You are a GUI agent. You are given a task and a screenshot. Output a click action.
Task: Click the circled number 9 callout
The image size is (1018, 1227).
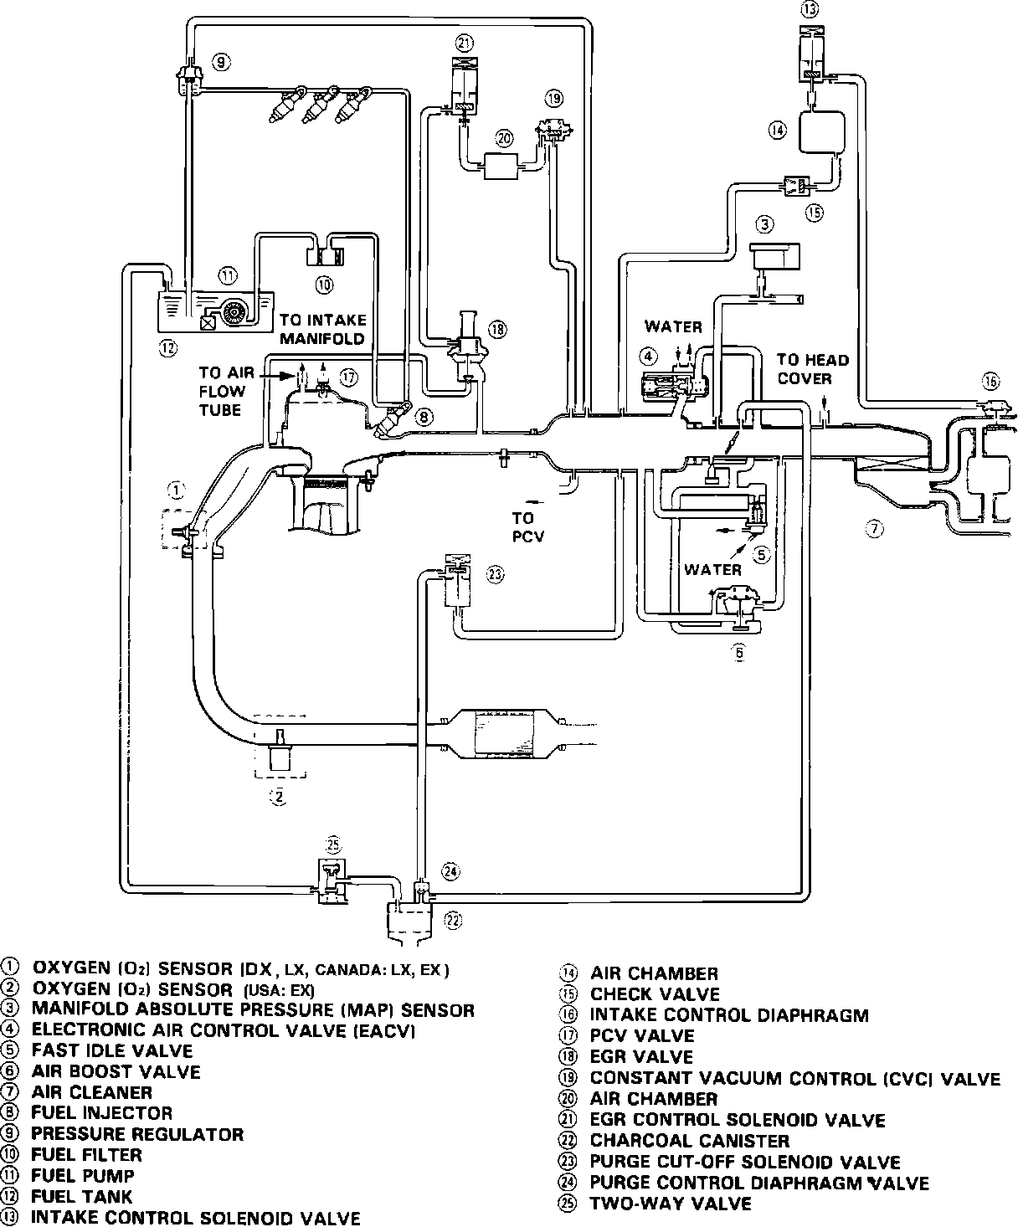pos(221,61)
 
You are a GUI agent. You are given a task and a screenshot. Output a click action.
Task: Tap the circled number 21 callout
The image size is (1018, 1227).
pos(465,43)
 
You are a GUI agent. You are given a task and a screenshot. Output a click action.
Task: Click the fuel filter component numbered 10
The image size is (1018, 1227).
pos(325,249)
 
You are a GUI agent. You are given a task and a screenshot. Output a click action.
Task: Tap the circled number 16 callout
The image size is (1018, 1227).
pos(991,382)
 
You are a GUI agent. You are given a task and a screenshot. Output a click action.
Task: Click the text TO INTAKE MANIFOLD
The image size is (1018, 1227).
pos(323,330)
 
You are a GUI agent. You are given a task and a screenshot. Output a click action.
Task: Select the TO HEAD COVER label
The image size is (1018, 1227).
pos(812,369)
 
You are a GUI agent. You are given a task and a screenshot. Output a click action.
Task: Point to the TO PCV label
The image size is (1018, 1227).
pos(527,527)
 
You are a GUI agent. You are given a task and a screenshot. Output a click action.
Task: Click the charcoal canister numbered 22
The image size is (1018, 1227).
pos(410,921)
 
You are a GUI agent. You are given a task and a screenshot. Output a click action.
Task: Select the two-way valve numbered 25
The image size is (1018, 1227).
pos(333,879)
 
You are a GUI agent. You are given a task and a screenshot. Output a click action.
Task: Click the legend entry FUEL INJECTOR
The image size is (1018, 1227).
pos(101,1113)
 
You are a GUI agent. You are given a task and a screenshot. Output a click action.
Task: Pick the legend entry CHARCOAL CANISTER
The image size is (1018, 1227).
pos(689,1141)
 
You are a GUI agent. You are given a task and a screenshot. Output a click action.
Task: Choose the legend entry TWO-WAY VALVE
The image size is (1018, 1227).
pos(671,1204)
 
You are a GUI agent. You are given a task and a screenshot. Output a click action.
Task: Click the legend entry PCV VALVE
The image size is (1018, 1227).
pos(641,1036)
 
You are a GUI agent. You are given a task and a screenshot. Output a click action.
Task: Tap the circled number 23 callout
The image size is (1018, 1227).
pos(496,574)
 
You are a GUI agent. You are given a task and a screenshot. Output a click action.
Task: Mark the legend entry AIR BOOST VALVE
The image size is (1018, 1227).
pos(116,1071)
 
